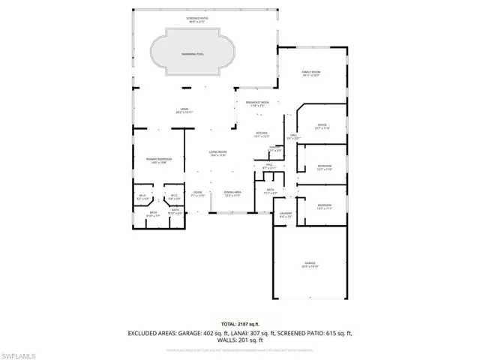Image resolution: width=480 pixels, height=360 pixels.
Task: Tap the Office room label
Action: [322, 126]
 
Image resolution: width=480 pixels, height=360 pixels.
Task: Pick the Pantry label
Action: [275, 149]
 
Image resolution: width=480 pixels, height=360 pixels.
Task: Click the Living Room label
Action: [217, 154]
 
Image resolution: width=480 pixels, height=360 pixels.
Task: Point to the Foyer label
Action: [198, 193]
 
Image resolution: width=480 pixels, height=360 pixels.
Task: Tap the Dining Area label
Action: [232, 193]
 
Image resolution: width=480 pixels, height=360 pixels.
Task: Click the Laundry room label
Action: [286, 214]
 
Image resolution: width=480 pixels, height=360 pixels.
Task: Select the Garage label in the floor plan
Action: [310, 264]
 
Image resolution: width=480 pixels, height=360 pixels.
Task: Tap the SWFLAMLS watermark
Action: [24, 352]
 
